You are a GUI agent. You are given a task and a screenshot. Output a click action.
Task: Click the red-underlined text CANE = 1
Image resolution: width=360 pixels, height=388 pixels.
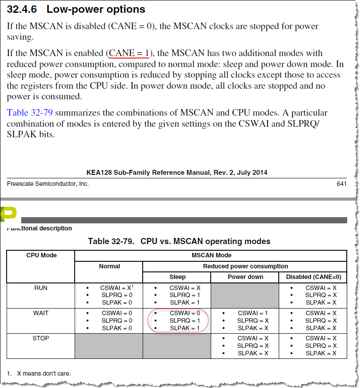click(129, 53)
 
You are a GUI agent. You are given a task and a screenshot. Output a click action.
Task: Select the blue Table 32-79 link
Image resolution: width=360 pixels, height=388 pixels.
click(30, 113)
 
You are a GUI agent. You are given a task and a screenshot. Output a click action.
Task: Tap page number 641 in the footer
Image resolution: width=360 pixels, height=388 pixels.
click(341, 184)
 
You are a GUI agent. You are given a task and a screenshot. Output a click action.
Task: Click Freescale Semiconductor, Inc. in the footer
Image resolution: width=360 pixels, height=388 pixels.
click(48, 184)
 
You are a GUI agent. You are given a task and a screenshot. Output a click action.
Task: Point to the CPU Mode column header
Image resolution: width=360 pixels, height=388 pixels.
click(41, 255)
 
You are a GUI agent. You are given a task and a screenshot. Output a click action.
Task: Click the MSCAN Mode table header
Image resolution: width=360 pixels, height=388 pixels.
click(211, 255)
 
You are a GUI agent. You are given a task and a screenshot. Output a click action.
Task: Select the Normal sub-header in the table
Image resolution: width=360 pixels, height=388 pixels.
click(109, 266)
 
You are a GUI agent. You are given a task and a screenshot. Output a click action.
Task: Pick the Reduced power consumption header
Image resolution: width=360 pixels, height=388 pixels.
click(245, 266)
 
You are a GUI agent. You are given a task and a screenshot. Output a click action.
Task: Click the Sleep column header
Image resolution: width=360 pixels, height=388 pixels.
click(177, 277)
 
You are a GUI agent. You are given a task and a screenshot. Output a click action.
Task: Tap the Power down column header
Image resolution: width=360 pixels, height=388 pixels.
click(245, 277)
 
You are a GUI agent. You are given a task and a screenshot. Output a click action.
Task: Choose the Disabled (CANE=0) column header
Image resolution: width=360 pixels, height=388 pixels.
click(313, 277)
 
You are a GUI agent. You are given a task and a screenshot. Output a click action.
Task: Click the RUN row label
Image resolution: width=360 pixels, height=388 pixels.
click(41, 288)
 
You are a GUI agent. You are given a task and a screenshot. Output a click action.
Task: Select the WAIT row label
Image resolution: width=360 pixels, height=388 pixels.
click(41, 313)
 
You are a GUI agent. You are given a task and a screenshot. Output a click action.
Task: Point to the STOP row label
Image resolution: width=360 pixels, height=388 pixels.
click(41, 338)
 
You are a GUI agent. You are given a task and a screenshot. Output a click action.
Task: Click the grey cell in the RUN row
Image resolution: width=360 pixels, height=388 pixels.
click(245, 295)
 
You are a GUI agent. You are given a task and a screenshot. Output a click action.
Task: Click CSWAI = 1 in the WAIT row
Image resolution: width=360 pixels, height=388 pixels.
click(252, 313)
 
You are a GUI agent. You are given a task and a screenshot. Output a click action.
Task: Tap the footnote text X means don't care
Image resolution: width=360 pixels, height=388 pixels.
click(44, 373)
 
